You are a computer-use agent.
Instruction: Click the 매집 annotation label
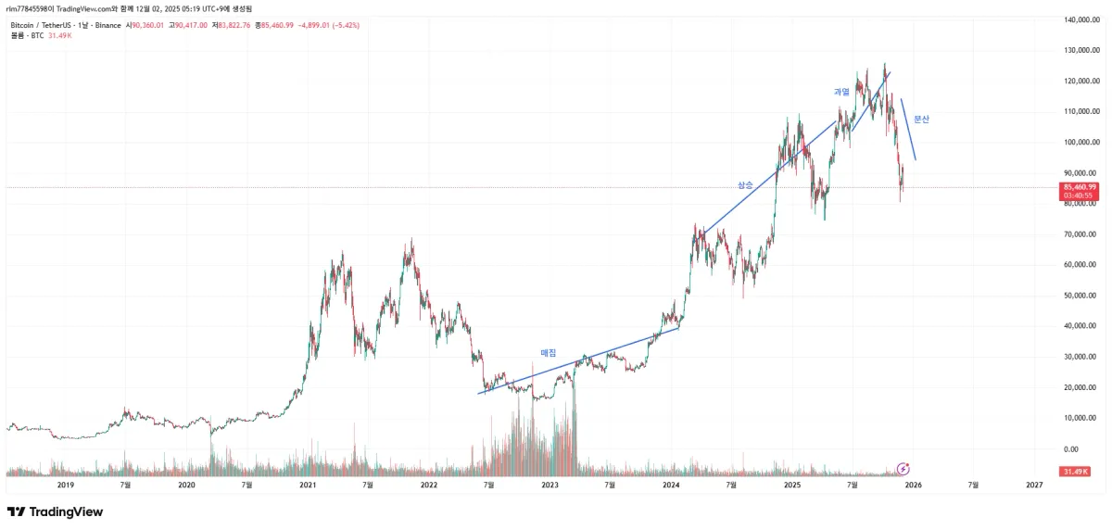pyautogui.click(x=548, y=353)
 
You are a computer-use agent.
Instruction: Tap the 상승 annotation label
pyautogui.click(x=745, y=185)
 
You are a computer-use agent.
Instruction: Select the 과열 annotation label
pyautogui.click(x=841, y=92)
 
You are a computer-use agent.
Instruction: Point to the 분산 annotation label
pyautogui.click(x=921, y=120)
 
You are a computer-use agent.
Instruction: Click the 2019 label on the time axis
pyautogui.click(x=66, y=485)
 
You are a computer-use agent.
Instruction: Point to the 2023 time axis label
pyautogui.click(x=550, y=485)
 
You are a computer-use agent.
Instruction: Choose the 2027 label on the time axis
pyautogui.click(x=1034, y=485)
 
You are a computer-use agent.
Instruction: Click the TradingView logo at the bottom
pyautogui.click(x=55, y=511)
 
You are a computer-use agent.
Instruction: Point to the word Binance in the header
pyautogui.click(x=108, y=25)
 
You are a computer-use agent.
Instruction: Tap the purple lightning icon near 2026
pyautogui.click(x=903, y=470)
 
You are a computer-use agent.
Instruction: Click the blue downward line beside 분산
pyautogui.click(x=908, y=130)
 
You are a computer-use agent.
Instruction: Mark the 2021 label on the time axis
pyautogui.click(x=308, y=485)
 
